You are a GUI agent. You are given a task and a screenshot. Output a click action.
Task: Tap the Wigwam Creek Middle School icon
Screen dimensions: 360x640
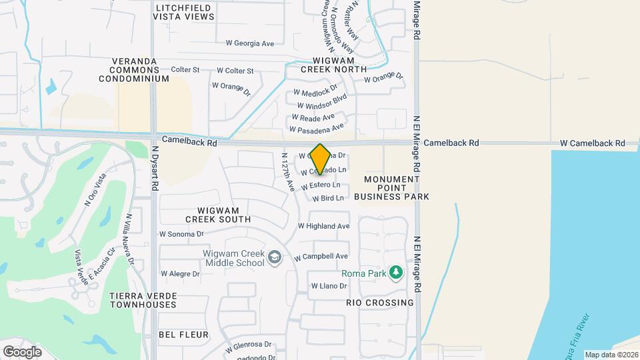[273, 257]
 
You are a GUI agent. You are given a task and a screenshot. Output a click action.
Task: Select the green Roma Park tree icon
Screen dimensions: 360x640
[396, 273]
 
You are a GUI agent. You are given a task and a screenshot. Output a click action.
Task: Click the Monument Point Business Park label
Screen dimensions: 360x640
[391, 188]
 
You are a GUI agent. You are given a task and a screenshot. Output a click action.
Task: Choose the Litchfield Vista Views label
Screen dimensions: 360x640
[183, 13]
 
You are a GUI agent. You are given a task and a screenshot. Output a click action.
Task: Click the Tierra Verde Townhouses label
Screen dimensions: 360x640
[143, 299]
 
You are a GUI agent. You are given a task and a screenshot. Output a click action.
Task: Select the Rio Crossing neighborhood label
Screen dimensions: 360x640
[380, 302]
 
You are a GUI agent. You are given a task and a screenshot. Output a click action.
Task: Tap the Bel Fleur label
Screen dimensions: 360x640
[183, 334]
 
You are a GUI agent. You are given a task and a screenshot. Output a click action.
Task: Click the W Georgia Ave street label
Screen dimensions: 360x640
[250, 43]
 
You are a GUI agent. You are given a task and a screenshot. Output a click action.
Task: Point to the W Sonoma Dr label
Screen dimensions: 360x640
[181, 234]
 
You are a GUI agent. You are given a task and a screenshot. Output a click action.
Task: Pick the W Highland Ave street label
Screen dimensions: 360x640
[324, 226]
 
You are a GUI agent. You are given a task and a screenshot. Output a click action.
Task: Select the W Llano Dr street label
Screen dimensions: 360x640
[329, 286]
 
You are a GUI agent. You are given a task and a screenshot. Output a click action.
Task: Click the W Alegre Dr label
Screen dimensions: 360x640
[180, 273]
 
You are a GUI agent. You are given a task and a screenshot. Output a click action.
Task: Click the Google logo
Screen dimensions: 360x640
[22, 351]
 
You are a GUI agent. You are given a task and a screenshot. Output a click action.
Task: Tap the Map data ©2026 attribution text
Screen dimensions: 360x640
[611, 355]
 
